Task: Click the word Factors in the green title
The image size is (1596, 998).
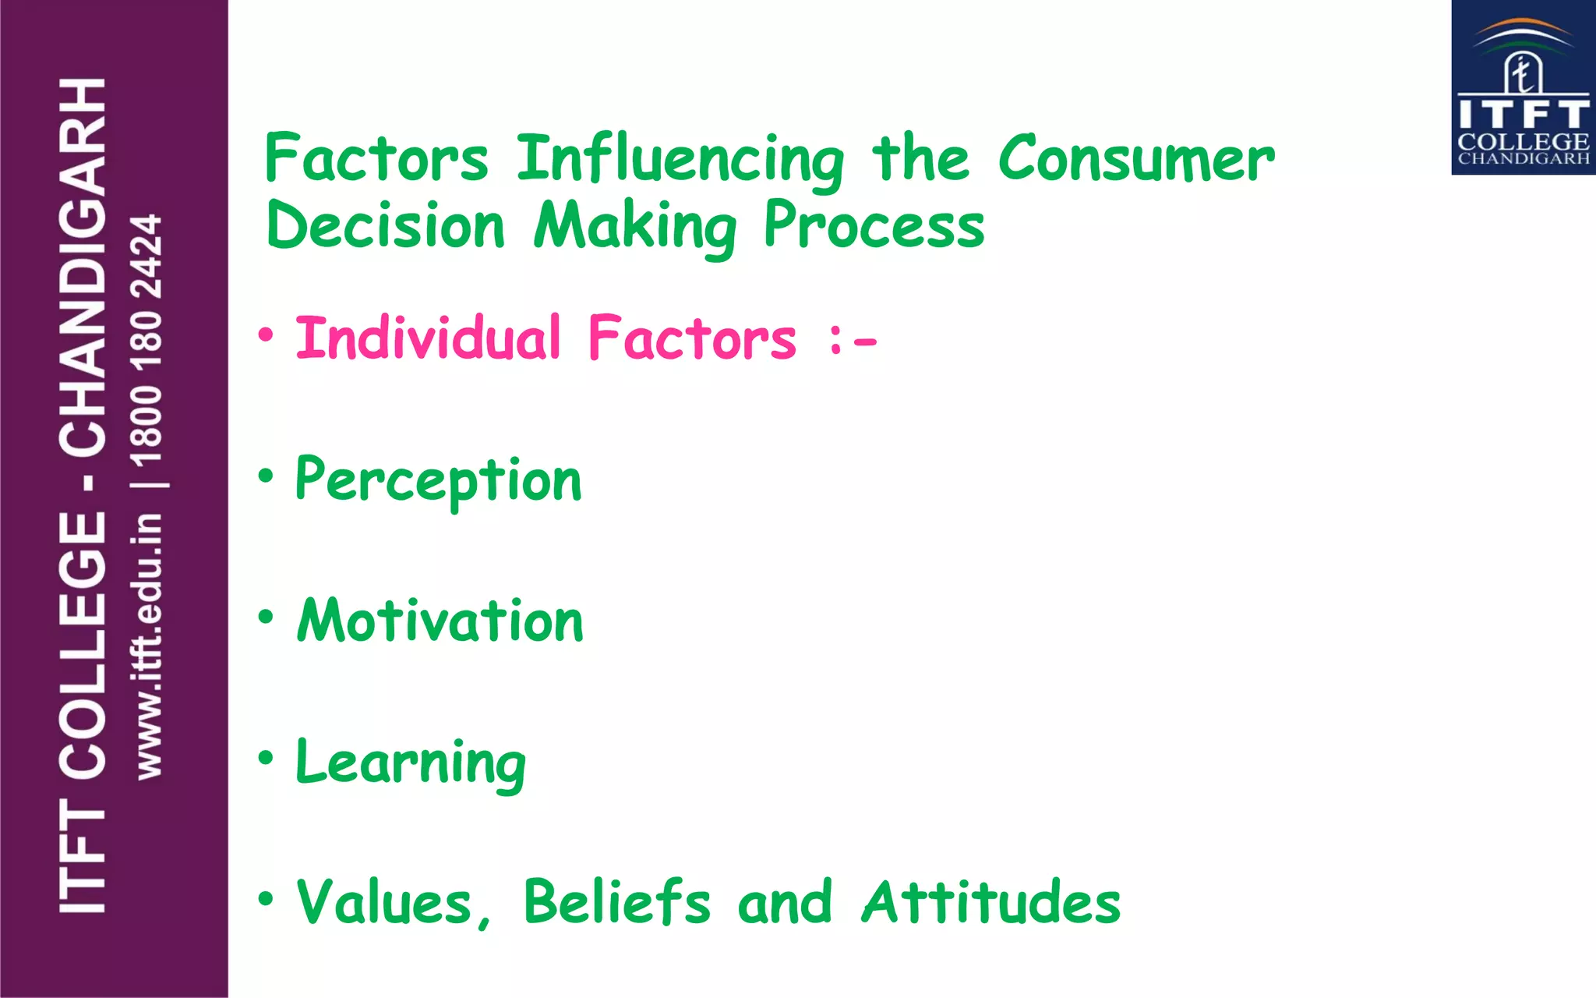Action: coord(376,158)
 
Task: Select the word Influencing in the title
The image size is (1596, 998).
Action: coord(680,161)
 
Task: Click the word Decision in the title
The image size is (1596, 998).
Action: coord(386,225)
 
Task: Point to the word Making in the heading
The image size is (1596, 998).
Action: coord(635,227)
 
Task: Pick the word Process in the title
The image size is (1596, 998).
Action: coord(874,225)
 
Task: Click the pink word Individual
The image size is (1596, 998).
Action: coord(428,338)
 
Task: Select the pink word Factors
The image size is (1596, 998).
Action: coord(692,338)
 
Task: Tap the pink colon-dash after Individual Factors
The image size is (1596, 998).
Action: coord(853,340)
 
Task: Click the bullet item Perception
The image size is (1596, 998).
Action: coord(439,480)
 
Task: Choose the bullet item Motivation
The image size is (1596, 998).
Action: coord(440,621)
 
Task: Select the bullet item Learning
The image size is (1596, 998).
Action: coord(411,763)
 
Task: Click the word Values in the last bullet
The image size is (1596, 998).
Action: coord(394,903)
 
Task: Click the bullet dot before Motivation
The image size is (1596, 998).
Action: coord(267,617)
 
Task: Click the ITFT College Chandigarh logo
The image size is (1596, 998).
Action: coord(1523,87)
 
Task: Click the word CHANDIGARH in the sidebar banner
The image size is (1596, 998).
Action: coord(83,267)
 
